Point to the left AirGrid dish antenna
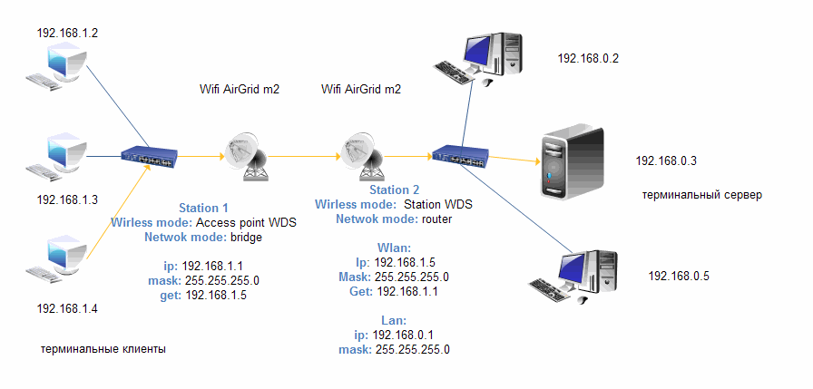(x=243, y=155)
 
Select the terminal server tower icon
(x=572, y=160)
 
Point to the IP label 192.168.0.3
(x=666, y=160)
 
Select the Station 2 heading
(x=394, y=190)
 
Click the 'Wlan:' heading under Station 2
(x=394, y=248)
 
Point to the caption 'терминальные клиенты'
(x=103, y=349)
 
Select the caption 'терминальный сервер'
(x=701, y=195)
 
